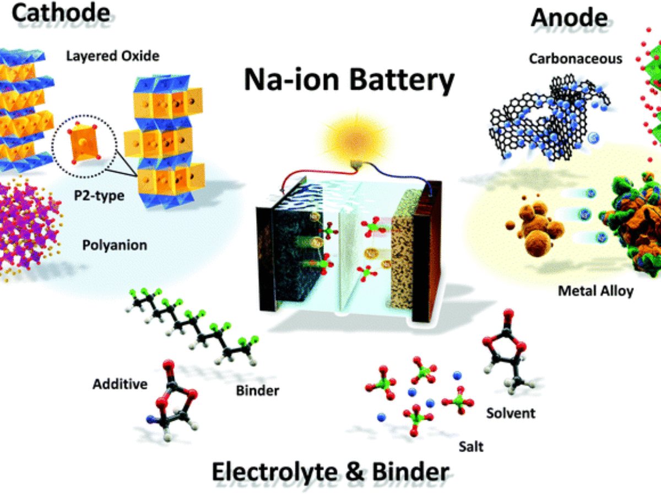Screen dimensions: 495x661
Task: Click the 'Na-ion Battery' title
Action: point(349,81)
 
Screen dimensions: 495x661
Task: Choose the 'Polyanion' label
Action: point(115,245)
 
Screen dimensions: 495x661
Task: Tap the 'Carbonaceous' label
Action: point(575,58)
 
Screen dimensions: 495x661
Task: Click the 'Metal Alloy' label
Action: point(595,290)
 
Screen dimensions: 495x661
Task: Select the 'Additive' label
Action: point(120,383)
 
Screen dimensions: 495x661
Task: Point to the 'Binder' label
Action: point(257,391)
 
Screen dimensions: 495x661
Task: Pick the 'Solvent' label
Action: point(511,413)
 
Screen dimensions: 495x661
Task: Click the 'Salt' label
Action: point(471,446)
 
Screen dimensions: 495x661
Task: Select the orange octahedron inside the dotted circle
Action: point(80,146)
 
